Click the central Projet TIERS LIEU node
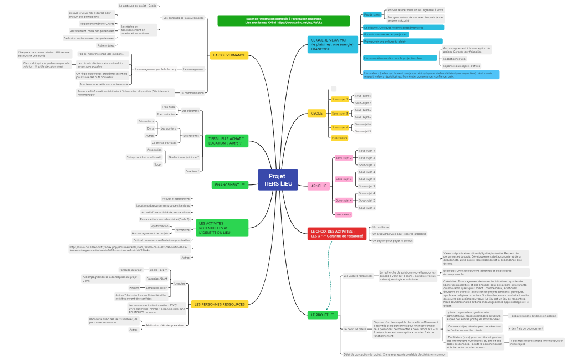coord(278,180)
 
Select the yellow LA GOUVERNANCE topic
coord(228,55)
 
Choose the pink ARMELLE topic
coord(319,186)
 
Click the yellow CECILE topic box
coord(317,114)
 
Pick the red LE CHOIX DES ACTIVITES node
coord(336,234)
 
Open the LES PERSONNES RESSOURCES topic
coord(219,304)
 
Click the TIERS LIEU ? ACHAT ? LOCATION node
coord(226,141)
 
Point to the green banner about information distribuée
coord(283,20)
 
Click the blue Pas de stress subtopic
coord(372,14)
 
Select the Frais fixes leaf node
coord(168,107)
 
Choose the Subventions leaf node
coord(146,121)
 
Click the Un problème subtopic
coord(381,227)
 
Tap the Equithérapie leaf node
coord(159,226)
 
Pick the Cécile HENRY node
coord(158,270)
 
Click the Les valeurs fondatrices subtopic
coord(358,276)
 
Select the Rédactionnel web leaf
coord(455,58)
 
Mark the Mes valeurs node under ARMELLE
coord(343,214)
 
